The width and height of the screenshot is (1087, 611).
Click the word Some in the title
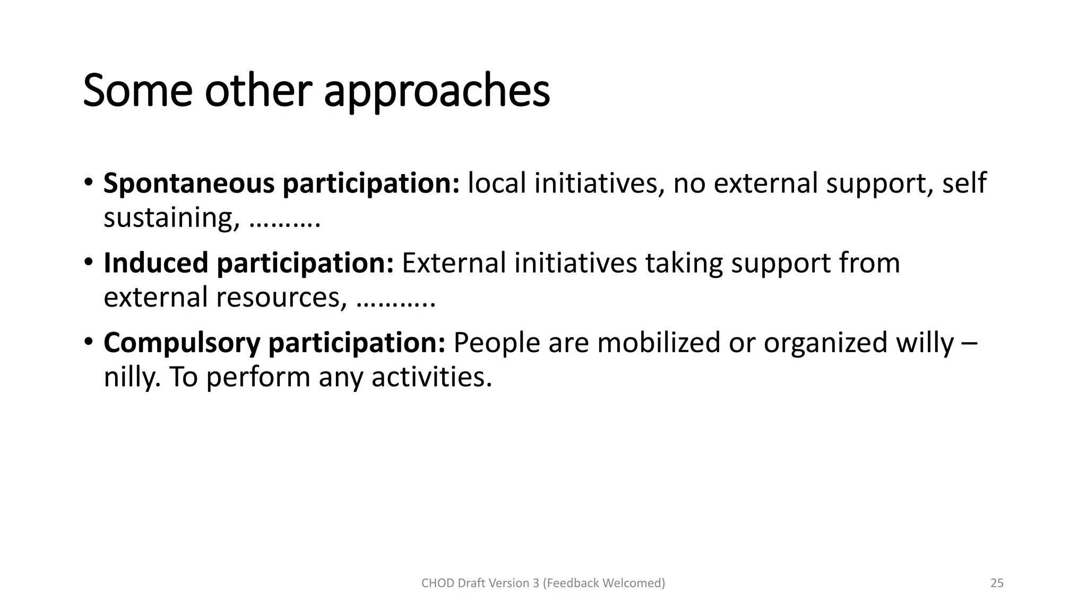pyautogui.click(x=137, y=91)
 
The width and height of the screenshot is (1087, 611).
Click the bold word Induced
pyautogui.click(x=156, y=263)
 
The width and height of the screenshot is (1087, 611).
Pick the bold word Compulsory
pyautogui.click(x=182, y=343)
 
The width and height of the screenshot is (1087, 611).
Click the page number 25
pyautogui.click(x=997, y=583)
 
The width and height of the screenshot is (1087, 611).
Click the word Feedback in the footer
pyautogui.click(x=575, y=583)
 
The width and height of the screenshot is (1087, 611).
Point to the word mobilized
pyautogui.click(x=658, y=343)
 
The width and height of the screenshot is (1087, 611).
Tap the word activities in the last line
pyautogui.click(x=432, y=377)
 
